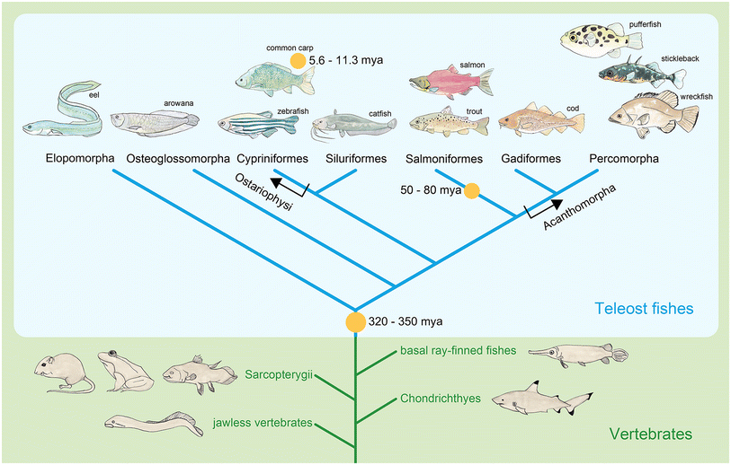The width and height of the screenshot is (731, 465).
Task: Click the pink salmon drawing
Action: (x=450, y=81)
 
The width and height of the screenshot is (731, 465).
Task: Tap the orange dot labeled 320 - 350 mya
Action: (x=356, y=322)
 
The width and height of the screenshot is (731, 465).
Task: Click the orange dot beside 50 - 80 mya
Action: (x=470, y=190)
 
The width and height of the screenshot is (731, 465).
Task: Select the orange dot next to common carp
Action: (x=297, y=60)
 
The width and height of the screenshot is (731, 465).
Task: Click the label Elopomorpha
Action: (x=79, y=160)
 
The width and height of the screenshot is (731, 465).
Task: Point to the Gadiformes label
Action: (x=530, y=160)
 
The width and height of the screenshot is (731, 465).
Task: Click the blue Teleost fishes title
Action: (x=643, y=309)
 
